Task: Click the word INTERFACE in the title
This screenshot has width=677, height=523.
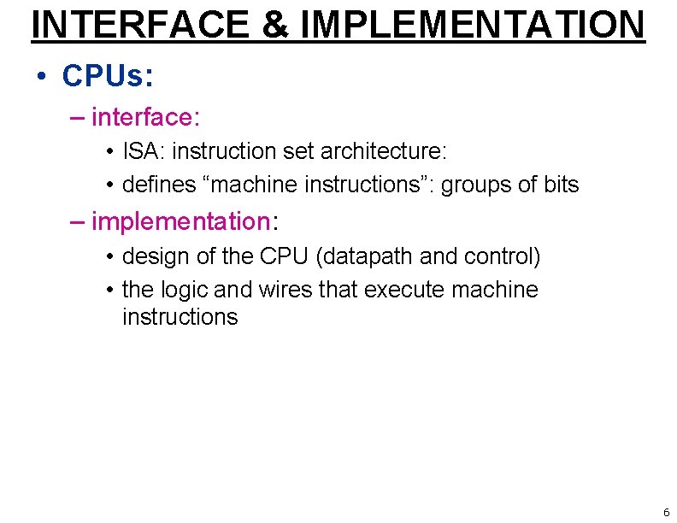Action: [141, 24]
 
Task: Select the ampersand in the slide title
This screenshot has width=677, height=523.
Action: [275, 24]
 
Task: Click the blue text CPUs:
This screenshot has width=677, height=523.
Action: [108, 75]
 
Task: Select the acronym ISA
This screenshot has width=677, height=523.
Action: [140, 151]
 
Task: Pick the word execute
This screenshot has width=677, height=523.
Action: [404, 290]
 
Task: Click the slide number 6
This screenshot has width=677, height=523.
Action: [666, 513]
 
